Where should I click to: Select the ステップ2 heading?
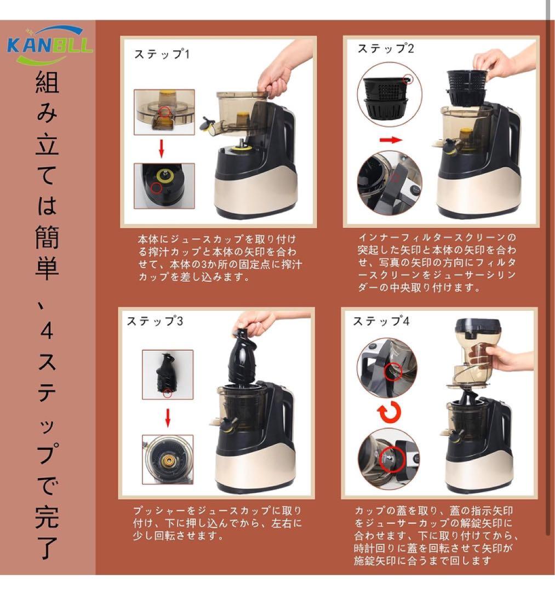[386, 48]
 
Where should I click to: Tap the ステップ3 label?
[155, 321]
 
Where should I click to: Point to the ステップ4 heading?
[381, 321]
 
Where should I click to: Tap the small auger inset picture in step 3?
[168, 374]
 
